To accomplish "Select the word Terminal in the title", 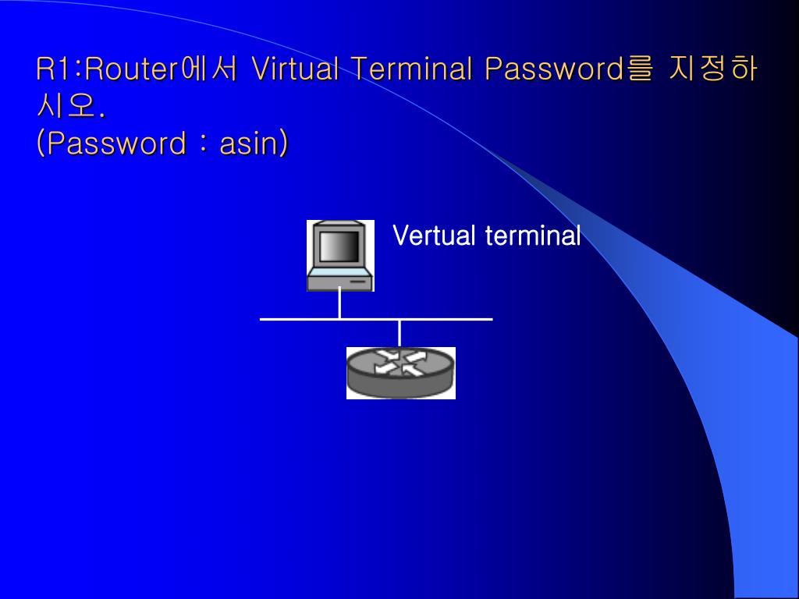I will [411, 70].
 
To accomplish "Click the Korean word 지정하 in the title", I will [713, 70].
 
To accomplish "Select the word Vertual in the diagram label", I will [435, 235].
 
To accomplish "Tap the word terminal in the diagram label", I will [533, 235].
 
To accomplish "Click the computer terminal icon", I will [340, 256].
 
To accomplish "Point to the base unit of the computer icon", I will [340, 282].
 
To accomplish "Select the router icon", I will [400, 373].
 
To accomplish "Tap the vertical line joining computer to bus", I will [339, 304].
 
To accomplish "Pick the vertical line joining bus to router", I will [399, 333].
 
